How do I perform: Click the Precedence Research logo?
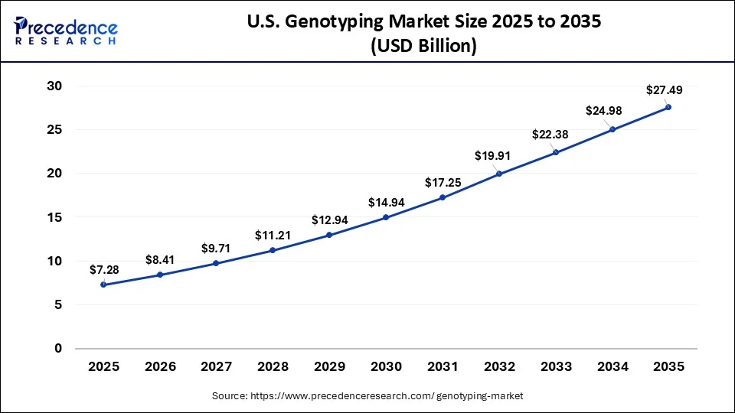click(x=66, y=31)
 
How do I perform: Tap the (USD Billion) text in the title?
click(x=423, y=46)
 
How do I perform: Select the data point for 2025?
click(x=103, y=285)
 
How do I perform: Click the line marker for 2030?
click(x=386, y=217)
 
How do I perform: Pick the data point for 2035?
click(x=668, y=107)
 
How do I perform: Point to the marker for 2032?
click(x=499, y=174)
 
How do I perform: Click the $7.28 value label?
click(x=104, y=271)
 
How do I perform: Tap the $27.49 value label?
click(x=665, y=90)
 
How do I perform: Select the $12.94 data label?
click(x=331, y=220)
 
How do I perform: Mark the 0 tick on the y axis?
click(x=57, y=349)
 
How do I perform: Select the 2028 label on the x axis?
click(x=273, y=366)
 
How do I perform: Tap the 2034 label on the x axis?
click(x=612, y=366)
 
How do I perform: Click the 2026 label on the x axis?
click(x=160, y=366)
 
